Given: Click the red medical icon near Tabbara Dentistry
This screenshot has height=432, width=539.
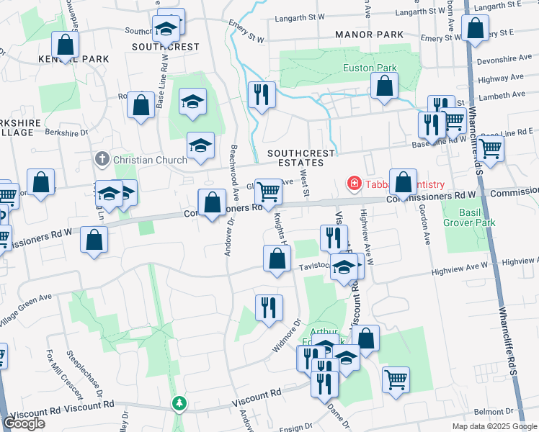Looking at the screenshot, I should click(354, 184).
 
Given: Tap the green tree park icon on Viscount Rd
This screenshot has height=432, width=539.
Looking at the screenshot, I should click(179, 404).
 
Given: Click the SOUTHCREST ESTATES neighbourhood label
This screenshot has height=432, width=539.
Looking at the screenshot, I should click(301, 158).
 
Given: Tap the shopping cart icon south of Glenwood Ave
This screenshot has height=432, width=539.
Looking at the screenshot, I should click(268, 192).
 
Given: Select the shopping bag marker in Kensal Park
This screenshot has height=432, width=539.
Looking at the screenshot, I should click(65, 45).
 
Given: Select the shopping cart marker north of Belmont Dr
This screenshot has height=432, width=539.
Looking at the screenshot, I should click(396, 379).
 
